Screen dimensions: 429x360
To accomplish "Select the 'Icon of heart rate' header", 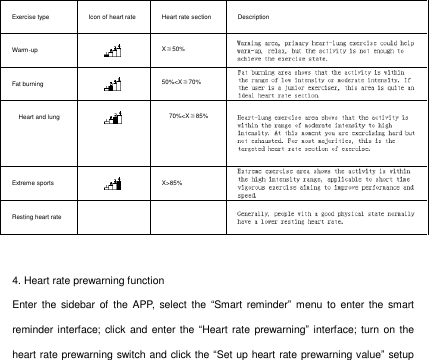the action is [x=112, y=18].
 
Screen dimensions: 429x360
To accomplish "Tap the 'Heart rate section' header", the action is [x=186, y=18].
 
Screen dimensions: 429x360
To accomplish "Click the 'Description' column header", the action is [x=255, y=18].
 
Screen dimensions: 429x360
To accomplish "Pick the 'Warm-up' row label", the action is [x=25, y=49].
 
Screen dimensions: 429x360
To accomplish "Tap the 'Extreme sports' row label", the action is [x=33, y=184].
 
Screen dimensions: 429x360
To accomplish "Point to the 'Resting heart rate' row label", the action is [x=36, y=216].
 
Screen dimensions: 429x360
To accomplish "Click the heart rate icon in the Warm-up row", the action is [x=113, y=49].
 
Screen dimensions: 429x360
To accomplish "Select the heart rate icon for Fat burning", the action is [x=113, y=82].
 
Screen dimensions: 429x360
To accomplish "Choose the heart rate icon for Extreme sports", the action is [x=113, y=183].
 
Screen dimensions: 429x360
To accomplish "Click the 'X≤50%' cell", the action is [x=173, y=49].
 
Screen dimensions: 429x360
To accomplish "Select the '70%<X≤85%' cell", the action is [x=188, y=117].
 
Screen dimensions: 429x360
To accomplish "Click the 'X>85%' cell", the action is [x=172, y=184].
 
